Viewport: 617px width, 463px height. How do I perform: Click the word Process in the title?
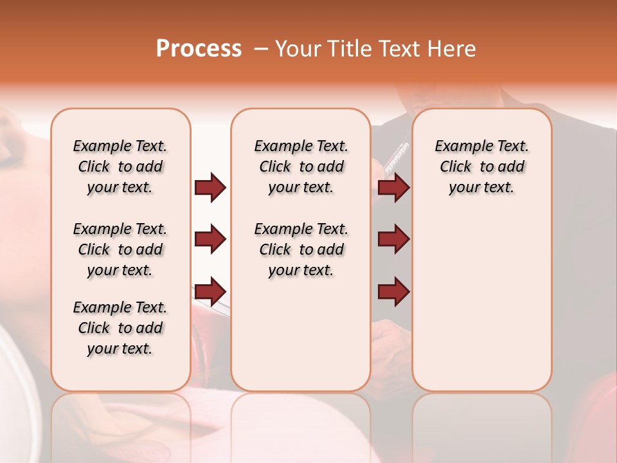tap(199, 49)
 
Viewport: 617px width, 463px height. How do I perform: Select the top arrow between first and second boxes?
tap(210, 188)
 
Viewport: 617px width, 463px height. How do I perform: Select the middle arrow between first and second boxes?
tap(210, 239)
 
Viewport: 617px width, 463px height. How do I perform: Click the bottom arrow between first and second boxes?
tap(210, 291)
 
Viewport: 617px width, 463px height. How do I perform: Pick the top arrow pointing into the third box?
tap(393, 188)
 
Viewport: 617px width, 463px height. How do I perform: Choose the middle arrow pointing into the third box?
tap(393, 239)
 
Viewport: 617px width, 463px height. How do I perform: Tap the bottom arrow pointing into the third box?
tap(393, 291)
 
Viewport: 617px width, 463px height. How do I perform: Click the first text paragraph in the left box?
tap(120, 167)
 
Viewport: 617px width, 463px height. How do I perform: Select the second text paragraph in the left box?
tap(120, 250)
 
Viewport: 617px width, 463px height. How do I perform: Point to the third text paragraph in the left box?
tap(120, 328)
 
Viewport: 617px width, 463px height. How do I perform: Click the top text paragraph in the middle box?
tap(301, 167)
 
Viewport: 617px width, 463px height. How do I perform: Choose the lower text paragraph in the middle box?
tap(301, 250)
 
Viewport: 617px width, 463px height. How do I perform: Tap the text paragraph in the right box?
tap(481, 167)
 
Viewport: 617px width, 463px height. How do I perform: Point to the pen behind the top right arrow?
tap(396, 158)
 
